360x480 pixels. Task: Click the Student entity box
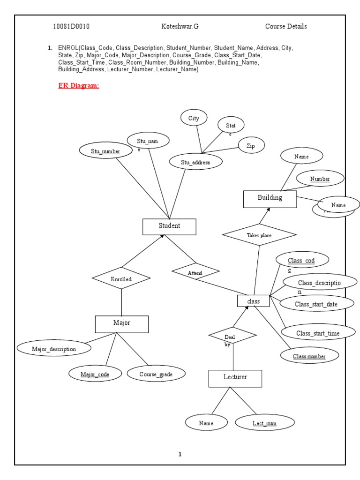pos(169,226)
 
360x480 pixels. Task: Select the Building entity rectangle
pos(270,198)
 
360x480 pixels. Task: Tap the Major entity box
pos(121,323)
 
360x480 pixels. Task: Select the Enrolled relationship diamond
pos(121,279)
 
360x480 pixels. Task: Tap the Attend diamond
pos(195,271)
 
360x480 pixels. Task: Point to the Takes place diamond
pos(259,235)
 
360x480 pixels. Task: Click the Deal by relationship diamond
pos(232,337)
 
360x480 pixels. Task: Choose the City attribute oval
pos(194,119)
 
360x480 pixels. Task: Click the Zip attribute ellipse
pos(251,146)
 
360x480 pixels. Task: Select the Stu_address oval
pos(195,163)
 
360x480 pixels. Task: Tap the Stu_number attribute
pos(105,151)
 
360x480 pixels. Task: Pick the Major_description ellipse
pos(54,349)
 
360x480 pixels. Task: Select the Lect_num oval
pos(264,423)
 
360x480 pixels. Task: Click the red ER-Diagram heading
pos(78,86)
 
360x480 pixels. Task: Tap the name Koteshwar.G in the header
pos(180,26)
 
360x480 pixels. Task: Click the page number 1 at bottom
pos(180,454)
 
